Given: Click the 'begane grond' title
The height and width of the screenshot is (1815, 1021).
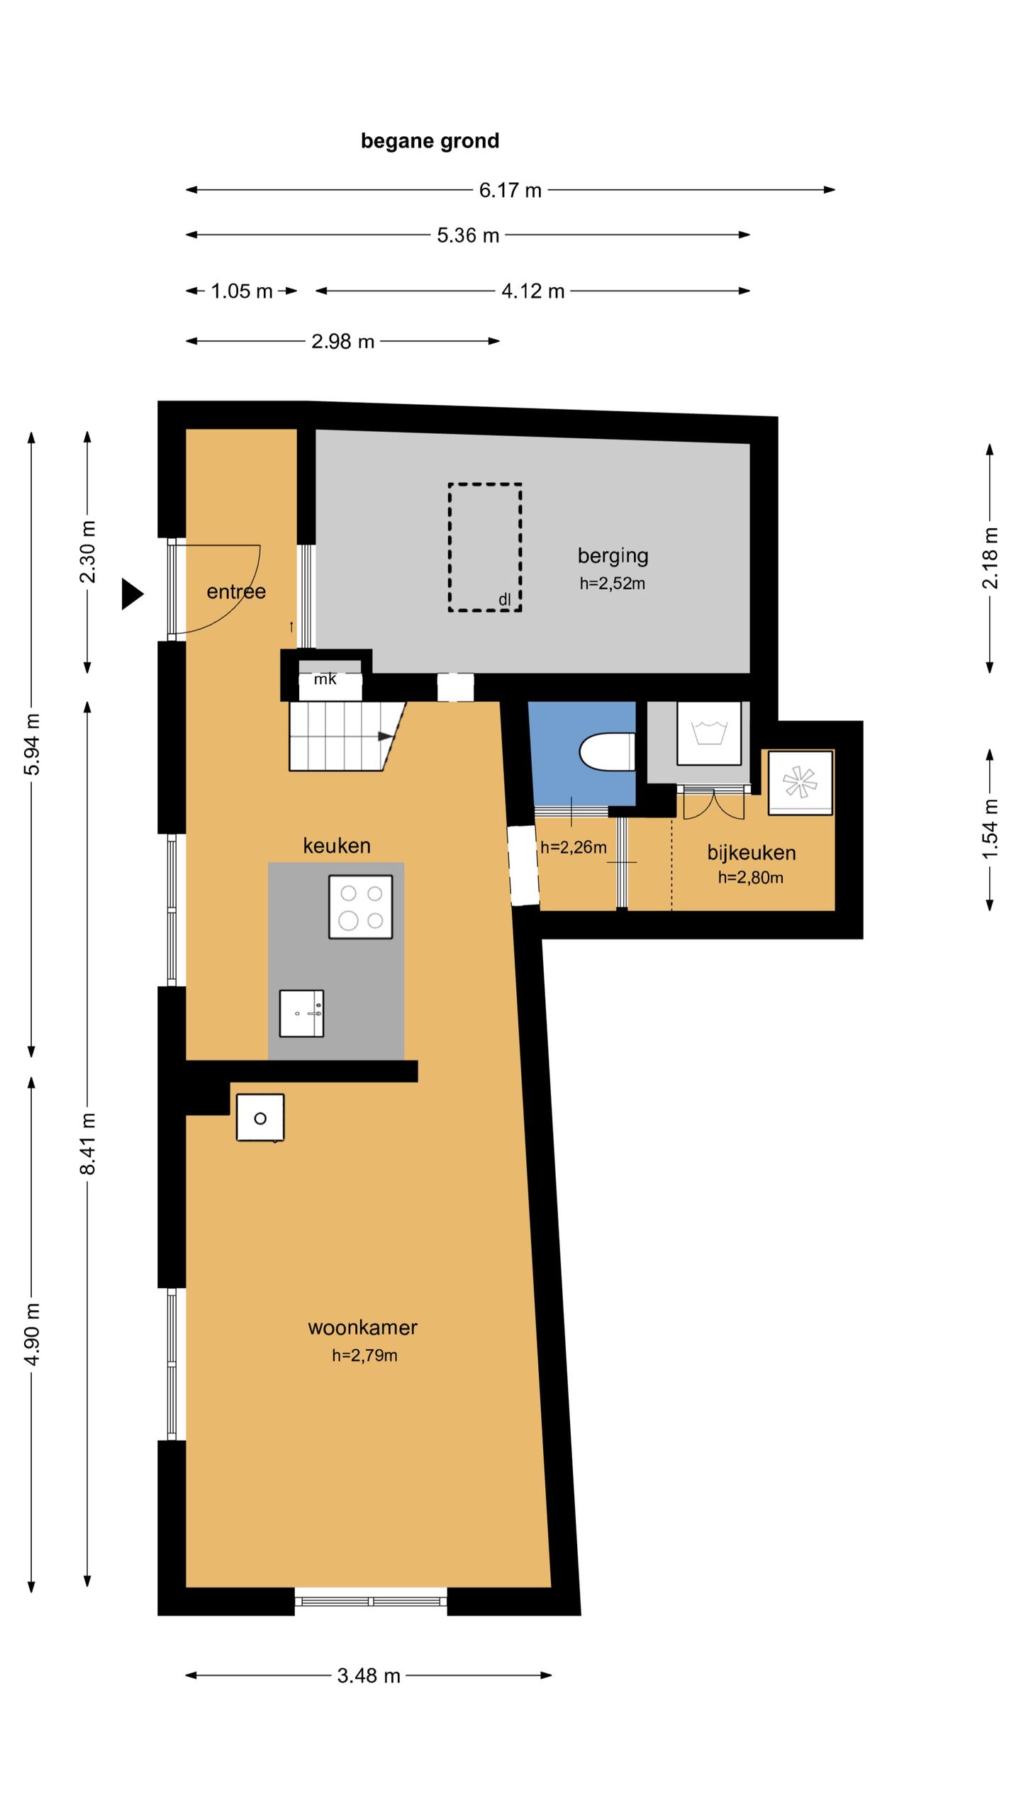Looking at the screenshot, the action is coord(430,141).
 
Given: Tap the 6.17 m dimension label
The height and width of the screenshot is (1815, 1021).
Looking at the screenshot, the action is coord(510,190).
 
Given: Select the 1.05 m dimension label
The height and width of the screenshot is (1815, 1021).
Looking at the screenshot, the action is coord(241,291).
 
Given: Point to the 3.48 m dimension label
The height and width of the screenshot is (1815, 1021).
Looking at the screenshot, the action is coord(369,1675).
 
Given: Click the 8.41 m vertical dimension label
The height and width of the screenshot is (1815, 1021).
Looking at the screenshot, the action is coord(87,1144).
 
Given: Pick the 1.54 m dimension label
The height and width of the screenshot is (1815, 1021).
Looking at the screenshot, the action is coord(990,829).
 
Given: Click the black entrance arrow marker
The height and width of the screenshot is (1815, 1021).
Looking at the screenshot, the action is coord(133,593).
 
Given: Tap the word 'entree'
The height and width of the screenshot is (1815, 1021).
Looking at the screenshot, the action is coord(236,591).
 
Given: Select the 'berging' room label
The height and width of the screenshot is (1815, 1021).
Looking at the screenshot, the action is coord(613,556).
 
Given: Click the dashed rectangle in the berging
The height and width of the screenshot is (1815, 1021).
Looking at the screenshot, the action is coord(485,547).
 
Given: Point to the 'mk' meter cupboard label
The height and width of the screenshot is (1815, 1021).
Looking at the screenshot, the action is coord(325,679).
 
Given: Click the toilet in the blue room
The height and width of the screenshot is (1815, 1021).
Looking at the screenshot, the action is coord(607,752).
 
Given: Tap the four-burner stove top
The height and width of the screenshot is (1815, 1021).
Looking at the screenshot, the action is coord(360,907).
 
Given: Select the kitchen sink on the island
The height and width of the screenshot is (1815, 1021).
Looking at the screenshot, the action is coord(301,1013).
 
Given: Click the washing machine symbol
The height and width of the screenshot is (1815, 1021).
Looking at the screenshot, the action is coord(709,733).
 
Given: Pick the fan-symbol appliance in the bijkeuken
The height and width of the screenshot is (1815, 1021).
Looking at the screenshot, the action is coord(800,783).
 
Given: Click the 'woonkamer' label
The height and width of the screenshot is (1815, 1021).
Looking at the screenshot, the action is coord(362,1327).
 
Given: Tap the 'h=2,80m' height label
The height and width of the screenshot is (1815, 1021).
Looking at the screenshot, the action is coord(750,878).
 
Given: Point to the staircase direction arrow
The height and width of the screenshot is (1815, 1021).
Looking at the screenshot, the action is coord(385,737).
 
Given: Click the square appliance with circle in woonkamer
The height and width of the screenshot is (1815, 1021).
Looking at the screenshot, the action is coord(260,1118).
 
